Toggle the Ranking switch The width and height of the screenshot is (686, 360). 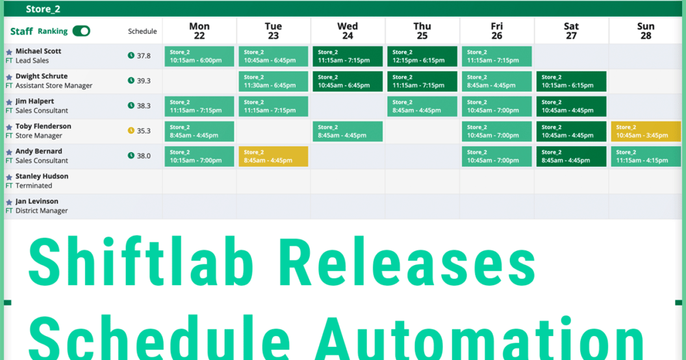81,31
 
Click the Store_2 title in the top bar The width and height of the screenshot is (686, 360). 43,9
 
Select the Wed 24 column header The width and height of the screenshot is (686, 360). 348,31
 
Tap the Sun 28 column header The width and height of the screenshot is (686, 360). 646,31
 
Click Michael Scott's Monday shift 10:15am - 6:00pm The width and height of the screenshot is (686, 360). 199,57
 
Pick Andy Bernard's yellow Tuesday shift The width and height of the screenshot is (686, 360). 273,157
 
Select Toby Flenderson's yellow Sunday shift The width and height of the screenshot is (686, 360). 646,131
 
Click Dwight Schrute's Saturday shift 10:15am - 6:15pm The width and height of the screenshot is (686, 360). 572,81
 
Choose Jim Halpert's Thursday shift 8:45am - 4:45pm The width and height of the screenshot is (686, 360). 422,107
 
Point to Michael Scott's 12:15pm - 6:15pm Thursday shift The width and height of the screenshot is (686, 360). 422,57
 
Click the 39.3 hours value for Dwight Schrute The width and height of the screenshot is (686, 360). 144,81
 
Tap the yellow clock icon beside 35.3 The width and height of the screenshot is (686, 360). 131,131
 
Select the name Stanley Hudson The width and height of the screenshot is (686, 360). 42,176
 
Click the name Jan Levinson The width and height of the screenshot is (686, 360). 37,201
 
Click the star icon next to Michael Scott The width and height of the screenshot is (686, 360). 9,52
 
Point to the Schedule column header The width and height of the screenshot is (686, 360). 142,31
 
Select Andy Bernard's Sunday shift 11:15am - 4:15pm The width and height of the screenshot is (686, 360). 646,157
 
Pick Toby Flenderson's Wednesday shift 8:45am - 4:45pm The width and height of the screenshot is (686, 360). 348,131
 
